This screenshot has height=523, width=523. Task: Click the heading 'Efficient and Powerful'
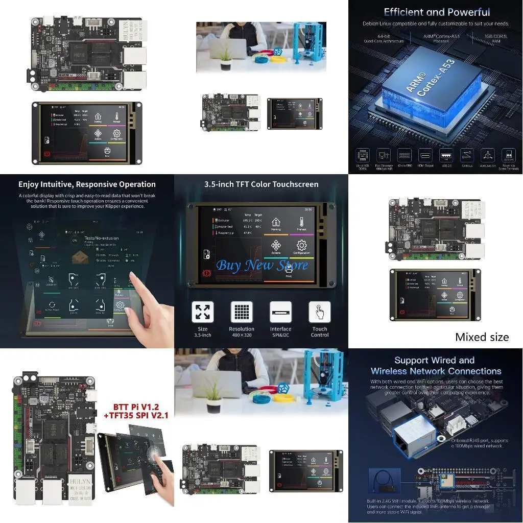[437, 12]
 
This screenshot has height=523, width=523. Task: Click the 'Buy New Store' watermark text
[262, 265]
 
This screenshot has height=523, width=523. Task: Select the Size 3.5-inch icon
[203, 312]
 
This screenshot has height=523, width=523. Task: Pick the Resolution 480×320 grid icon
[242, 312]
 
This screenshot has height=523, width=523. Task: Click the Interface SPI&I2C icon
[280, 312]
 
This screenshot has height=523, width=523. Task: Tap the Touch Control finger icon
[320, 312]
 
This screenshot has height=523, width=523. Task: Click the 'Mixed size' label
[482, 337]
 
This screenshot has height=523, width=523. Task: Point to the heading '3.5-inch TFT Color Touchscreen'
[261, 184]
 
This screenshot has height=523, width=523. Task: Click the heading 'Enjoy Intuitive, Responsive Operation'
[87, 184]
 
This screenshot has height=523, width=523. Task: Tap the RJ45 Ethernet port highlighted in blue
[414, 432]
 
